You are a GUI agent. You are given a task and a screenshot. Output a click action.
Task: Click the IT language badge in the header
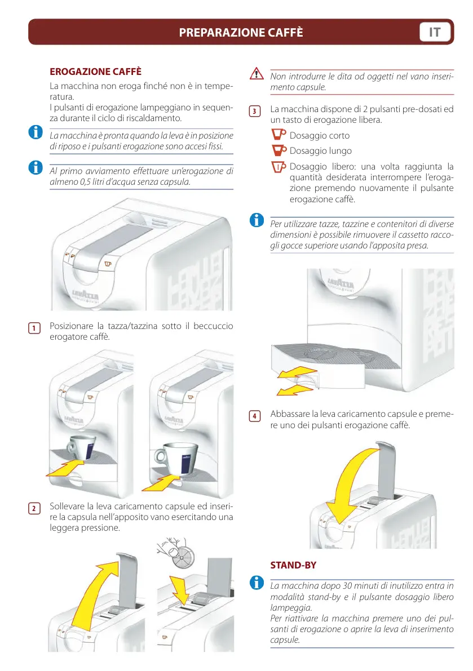435,32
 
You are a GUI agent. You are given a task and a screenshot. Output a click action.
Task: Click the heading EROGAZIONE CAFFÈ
95,72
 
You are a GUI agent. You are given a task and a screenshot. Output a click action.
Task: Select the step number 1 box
34,328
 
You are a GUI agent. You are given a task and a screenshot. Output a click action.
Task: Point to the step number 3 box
255,111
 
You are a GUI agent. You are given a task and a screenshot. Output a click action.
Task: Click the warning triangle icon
257,74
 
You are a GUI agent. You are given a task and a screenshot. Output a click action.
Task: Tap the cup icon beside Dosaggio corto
279,135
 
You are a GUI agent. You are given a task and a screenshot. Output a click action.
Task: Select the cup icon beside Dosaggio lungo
279,150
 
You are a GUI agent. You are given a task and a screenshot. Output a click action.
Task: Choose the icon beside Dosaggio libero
279,166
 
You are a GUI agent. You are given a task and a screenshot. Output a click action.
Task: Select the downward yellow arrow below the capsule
183,593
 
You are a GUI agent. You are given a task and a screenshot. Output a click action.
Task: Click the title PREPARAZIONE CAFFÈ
241,33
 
